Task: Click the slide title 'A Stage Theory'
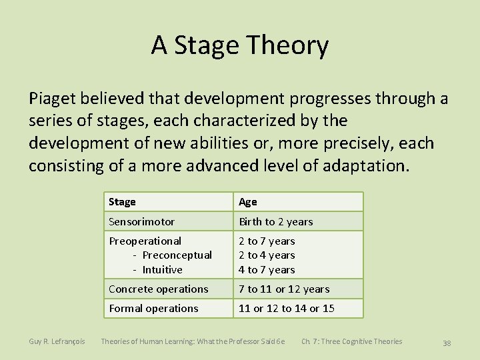tap(239, 46)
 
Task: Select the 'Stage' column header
tap(122, 202)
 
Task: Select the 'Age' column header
tap(247, 202)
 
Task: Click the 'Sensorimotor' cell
tap(141, 221)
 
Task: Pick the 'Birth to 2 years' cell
tap(276, 221)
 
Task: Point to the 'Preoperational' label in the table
tap(145, 241)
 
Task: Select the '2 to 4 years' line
tap(267, 255)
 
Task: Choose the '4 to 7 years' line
tap(267, 270)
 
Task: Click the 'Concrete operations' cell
tap(158, 289)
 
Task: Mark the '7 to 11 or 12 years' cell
tap(284, 289)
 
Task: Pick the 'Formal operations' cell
tap(153, 309)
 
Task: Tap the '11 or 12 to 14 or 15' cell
tap(287, 309)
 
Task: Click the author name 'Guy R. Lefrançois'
tap(57, 342)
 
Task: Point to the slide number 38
tap(447, 343)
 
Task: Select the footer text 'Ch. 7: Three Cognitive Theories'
tap(351, 342)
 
